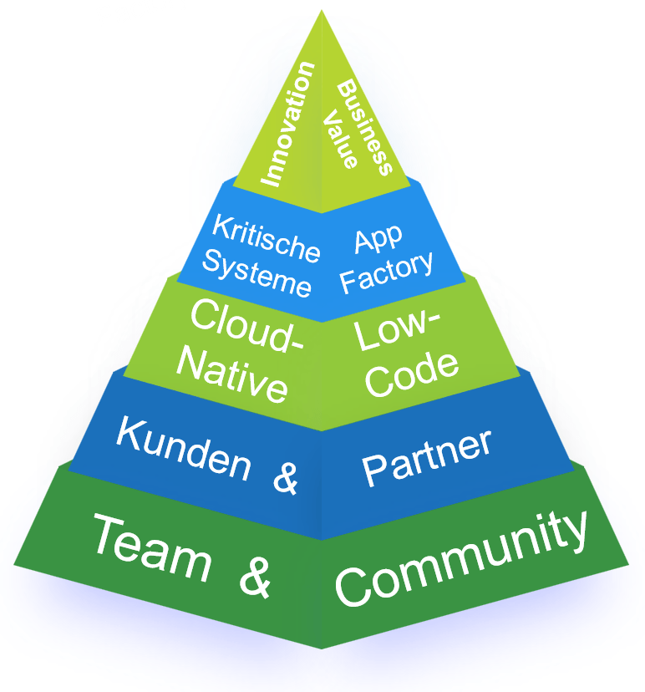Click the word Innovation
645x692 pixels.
287,123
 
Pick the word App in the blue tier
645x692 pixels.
378,239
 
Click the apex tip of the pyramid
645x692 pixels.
322,11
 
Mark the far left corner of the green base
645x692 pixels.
14,565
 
